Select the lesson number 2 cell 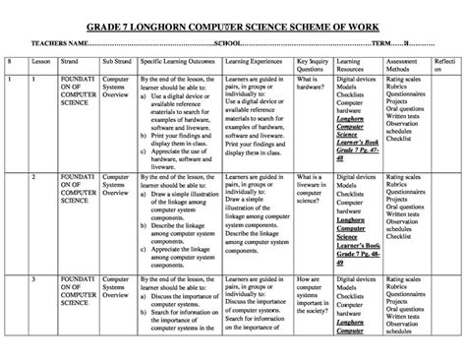(34, 177)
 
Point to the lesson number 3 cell (34, 280)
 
